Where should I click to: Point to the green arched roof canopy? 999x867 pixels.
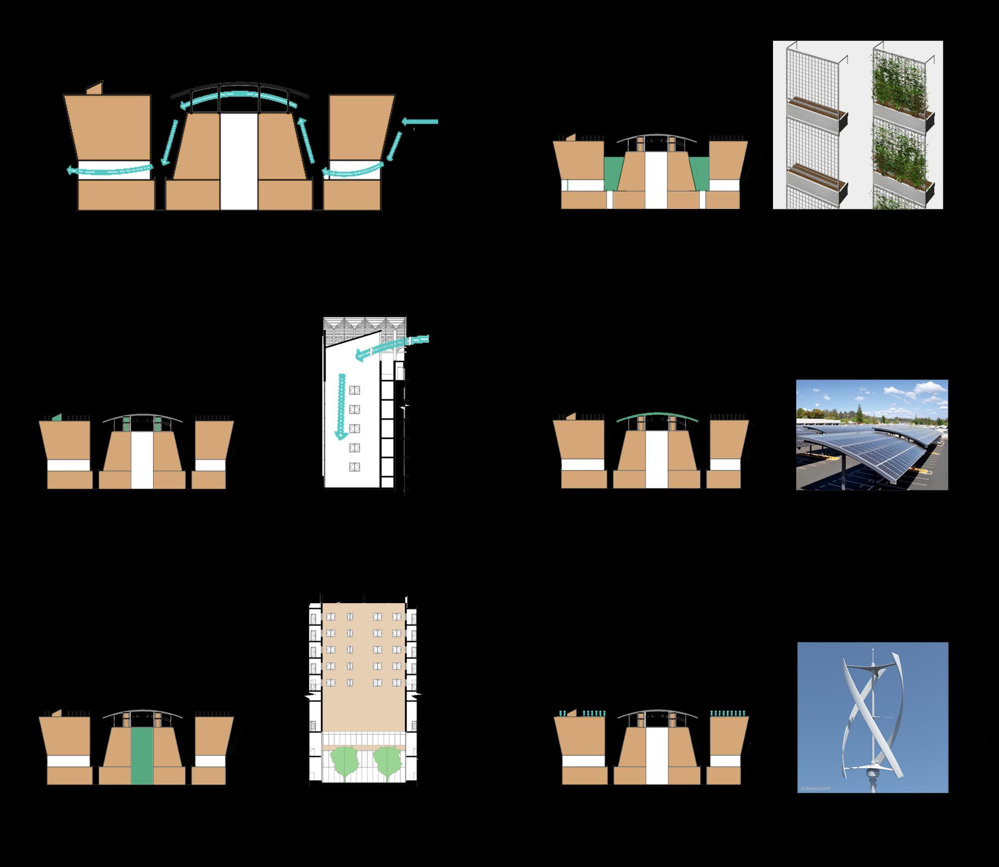[657, 416]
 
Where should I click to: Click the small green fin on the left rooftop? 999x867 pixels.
[57, 417]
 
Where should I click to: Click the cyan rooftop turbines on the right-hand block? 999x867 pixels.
[728, 712]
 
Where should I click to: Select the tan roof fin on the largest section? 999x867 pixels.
[95, 88]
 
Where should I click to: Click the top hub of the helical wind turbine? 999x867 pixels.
[872, 672]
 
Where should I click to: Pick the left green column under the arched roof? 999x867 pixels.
[127, 425]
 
